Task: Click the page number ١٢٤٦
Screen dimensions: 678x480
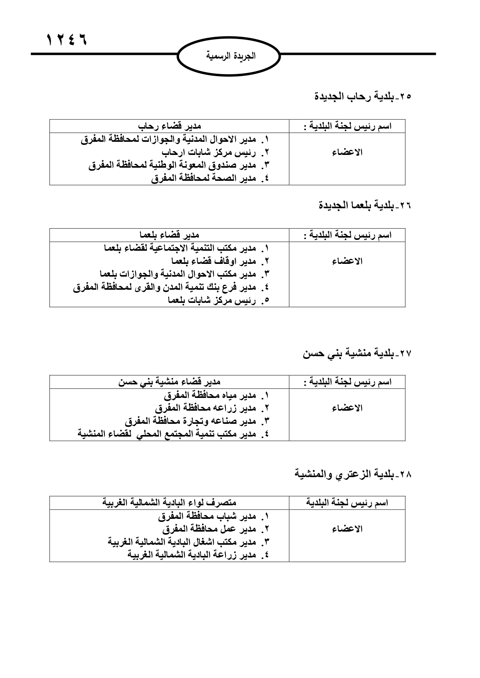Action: click(67, 39)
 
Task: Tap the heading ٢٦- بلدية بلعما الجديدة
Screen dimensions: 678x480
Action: click(365, 206)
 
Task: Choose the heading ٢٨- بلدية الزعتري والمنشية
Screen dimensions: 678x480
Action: click(353, 474)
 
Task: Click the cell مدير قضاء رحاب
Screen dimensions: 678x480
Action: click(169, 126)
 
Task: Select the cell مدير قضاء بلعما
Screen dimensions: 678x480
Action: click(169, 235)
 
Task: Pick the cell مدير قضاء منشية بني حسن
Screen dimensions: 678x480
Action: click(169, 382)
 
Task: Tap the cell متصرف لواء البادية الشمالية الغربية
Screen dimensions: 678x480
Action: click(169, 503)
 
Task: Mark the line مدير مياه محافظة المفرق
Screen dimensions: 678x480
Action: click(216, 396)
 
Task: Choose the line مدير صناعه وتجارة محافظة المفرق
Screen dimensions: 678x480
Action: click(197, 421)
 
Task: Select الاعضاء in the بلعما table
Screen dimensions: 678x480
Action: click(347, 262)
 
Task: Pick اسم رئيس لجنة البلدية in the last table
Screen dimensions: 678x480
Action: click(347, 503)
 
